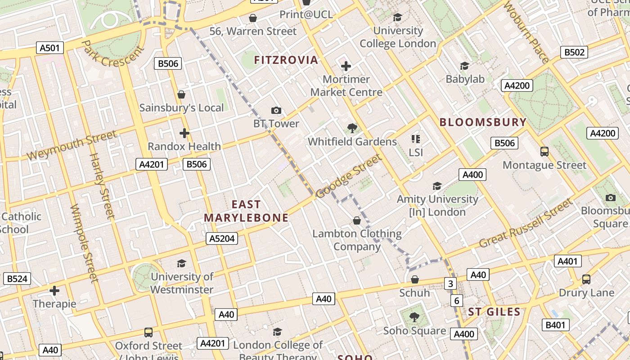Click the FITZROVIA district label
[286, 60]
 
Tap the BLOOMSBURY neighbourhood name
[483, 122]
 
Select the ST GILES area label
[494, 311]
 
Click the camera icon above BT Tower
[276, 110]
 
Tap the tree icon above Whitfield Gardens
[352, 128]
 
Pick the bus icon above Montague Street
[544, 152]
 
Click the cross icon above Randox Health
[184, 133]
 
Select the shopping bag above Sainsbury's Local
[181, 94]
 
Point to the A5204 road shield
[222, 238]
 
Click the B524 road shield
[17, 279]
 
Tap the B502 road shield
[575, 52]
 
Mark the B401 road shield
[555, 325]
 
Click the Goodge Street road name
[349, 176]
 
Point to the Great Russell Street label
[526, 224]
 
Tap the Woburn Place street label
[526, 32]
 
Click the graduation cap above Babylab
[464, 66]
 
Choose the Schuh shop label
[414, 293]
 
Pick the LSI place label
[416, 153]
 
